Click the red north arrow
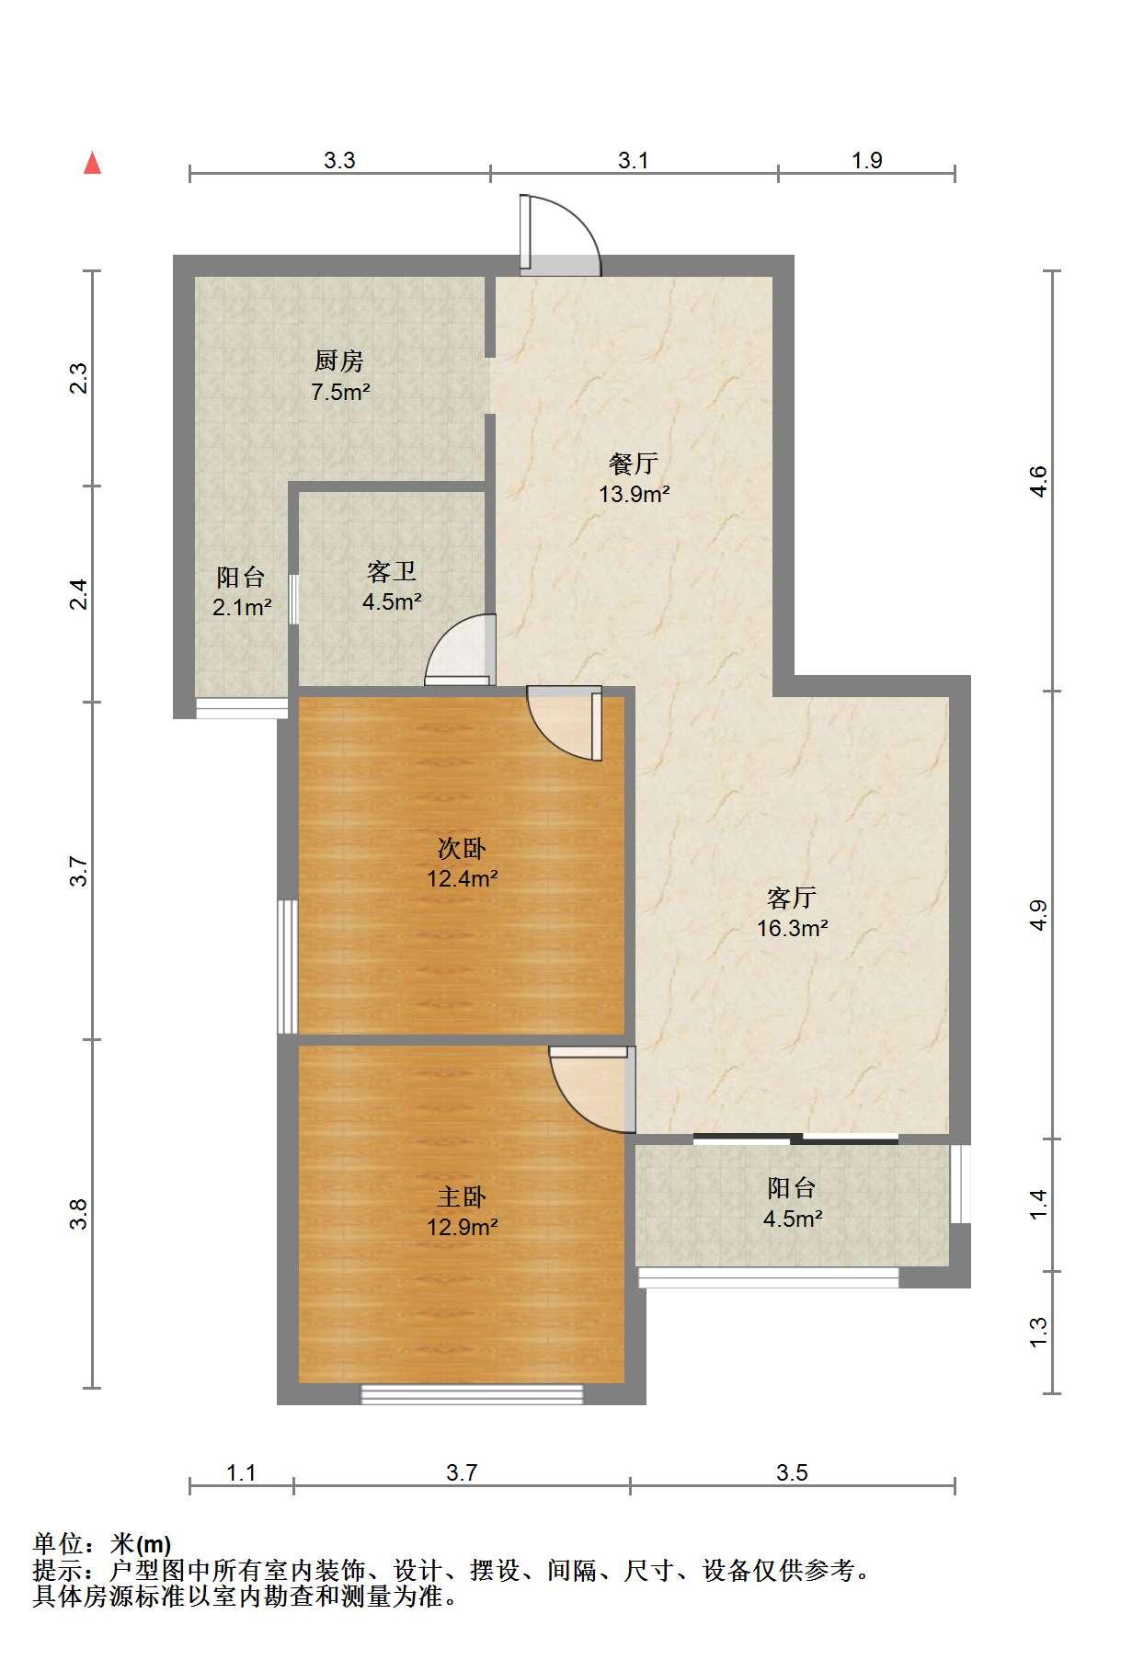[x=92, y=163]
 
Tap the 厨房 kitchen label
[x=339, y=361]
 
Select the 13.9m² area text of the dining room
[x=634, y=494]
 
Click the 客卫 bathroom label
[x=392, y=572]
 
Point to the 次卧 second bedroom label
[x=462, y=847]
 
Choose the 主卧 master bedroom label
[x=462, y=1196]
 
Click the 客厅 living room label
[x=792, y=897]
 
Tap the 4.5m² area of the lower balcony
[x=792, y=1219]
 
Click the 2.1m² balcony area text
[x=243, y=607]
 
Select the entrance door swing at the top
[x=559, y=235]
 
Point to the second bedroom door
[x=565, y=723]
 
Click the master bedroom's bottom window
[x=472, y=1394]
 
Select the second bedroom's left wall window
[x=288, y=966]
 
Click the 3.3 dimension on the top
[x=339, y=160]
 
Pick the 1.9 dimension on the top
[x=866, y=160]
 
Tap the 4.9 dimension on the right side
[x=1038, y=914]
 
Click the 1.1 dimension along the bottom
[x=241, y=1472]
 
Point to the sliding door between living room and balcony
[x=795, y=1139]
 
